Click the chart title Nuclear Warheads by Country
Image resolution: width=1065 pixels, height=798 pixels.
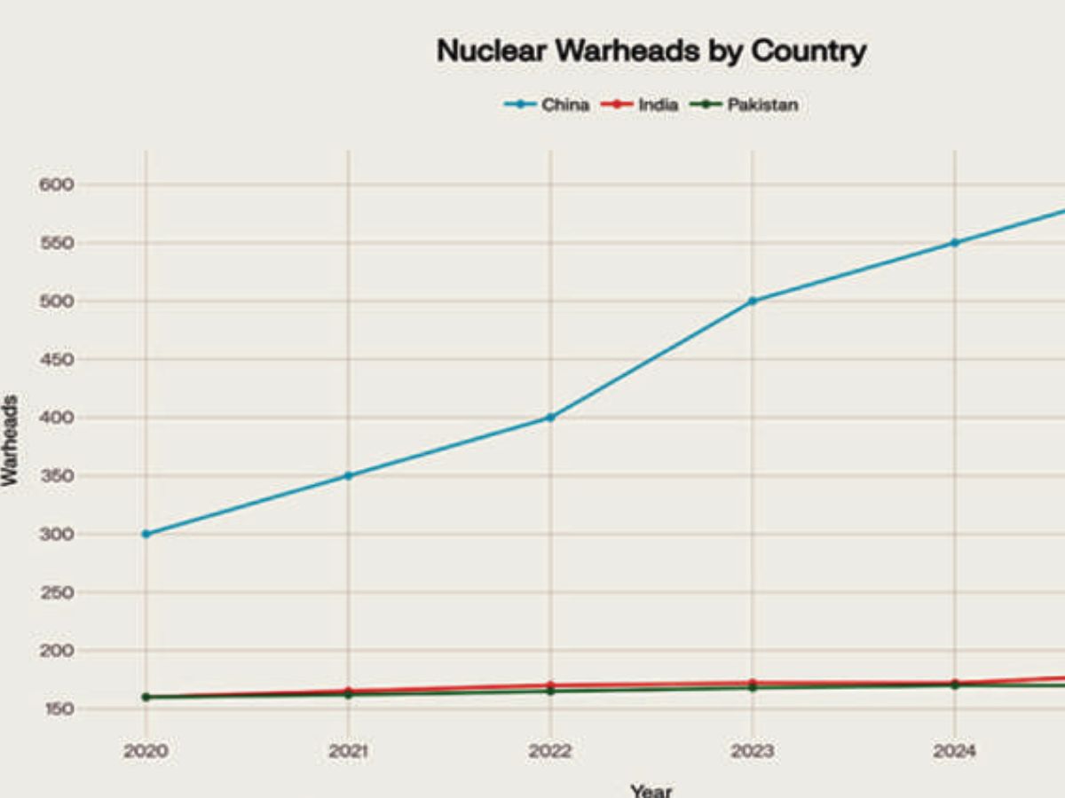651,51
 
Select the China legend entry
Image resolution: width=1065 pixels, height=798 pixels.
548,105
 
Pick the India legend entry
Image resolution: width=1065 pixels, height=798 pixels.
641,105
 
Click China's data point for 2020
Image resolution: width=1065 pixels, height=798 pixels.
146,534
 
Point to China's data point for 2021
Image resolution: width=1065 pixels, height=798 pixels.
348,475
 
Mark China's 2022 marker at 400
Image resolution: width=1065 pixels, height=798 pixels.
550,417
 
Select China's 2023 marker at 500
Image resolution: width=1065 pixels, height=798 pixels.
753,301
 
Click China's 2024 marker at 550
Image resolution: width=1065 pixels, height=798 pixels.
955,242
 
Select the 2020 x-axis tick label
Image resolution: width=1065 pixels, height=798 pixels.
146,751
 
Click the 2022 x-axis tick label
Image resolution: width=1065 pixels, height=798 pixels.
550,751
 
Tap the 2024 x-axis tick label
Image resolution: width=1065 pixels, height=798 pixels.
955,751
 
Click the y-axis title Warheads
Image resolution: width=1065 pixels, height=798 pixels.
11,441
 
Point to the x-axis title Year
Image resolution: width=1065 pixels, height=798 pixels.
651,789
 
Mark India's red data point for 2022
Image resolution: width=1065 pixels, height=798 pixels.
550,685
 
